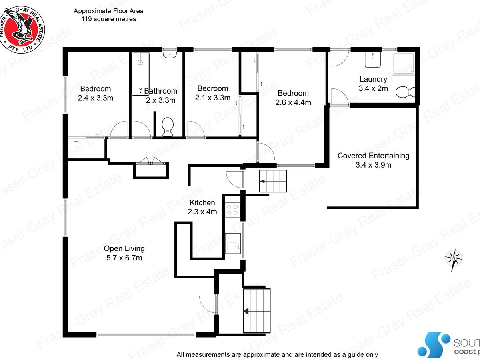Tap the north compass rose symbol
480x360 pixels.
pyautogui.click(x=454, y=260)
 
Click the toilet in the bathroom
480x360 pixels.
pyautogui.click(x=168, y=126)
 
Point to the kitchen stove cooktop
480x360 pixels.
pyautogui.click(x=232, y=210)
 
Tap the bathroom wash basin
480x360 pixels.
pyautogui.click(x=170, y=54)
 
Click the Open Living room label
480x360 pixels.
pyautogui.click(x=124, y=248)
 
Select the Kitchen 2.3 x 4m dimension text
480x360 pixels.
pyautogui.click(x=202, y=212)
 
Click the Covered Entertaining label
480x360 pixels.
pyautogui.click(x=373, y=156)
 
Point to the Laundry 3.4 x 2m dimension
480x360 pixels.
pyautogui.click(x=373, y=88)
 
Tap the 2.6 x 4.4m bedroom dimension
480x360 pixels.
pyautogui.click(x=293, y=102)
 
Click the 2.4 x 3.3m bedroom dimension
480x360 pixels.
pyautogui.click(x=96, y=98)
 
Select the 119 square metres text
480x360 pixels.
pyautogui.click(x=109, y=19)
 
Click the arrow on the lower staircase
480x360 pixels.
pyautogui.click(x=246, y=311)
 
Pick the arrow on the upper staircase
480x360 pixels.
pyautogui.click(x=262, y=181)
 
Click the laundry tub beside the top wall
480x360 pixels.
pyautogui.click(x=373, y=60)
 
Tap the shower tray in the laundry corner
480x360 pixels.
pyautogui.click(x=403, y=63)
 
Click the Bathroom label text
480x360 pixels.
pyautogui.click(x=160, y=91)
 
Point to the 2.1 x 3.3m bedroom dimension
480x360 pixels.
pyautogui.click(x=212, y=98)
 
